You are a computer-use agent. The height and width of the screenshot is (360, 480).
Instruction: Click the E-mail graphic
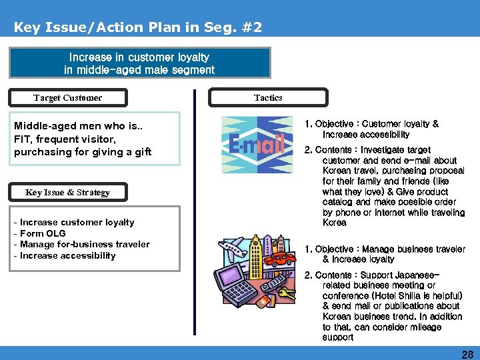(257, 145)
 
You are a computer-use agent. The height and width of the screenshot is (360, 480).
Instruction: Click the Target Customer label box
(67, 98)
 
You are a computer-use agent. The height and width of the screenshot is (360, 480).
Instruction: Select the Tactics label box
(268, 98)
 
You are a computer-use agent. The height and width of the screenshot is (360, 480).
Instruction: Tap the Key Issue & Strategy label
(67, 193)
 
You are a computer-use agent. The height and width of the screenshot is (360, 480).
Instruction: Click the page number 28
(467, 354)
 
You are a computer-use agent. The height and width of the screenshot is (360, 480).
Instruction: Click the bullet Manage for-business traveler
(84, 244)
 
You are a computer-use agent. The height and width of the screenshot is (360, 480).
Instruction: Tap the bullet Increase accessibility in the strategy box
(67, 255)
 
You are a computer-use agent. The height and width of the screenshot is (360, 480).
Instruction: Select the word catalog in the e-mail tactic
(337, 202)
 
